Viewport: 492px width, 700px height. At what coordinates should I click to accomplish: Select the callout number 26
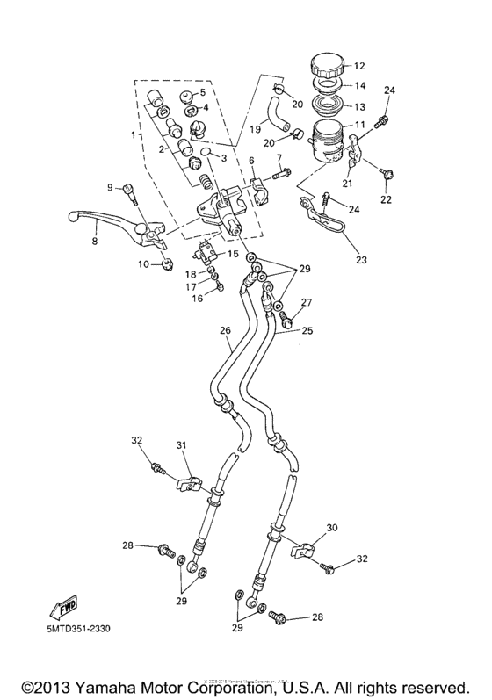click(x=225, y=331)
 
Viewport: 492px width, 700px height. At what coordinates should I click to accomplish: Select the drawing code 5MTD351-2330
click(x=74, y=627)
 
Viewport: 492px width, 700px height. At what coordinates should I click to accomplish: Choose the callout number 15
click(x=233, y=254)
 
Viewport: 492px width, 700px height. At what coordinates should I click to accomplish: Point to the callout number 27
click(x=306, y=303)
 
